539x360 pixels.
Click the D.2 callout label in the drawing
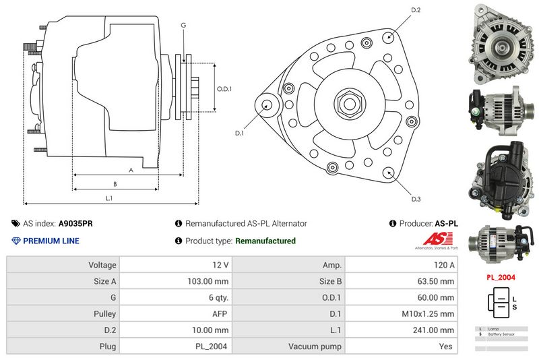pos(416,10)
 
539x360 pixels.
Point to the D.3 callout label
pos(416,199)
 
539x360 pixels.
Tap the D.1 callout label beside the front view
pos(239,133)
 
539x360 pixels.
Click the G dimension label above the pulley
pos(183,26)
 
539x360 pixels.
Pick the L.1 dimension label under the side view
pos(108,198)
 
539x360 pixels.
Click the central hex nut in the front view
pos(350,104)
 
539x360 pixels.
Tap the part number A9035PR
pos(75,223)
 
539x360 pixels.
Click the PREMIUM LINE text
pos(51,241)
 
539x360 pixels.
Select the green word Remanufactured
pos(265,241)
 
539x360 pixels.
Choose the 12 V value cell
pos(220,266)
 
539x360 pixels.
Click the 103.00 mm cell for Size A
pos(210,282)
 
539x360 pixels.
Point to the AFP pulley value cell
pos(221,314)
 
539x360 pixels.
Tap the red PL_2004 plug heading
pos(501,277)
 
